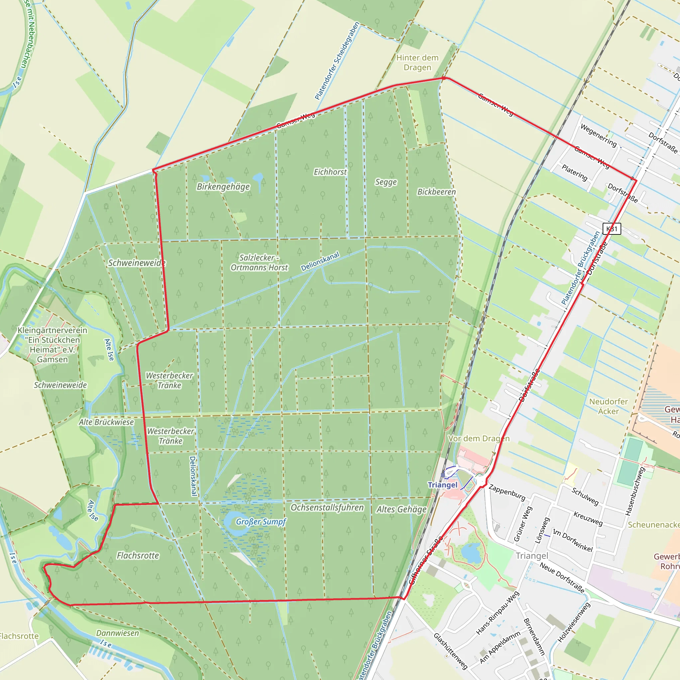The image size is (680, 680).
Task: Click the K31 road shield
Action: pos(612,229)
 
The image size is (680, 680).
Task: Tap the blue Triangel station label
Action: pos(442,485)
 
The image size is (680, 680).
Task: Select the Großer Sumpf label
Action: pos(261,522)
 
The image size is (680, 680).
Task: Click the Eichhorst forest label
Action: pos(330,172)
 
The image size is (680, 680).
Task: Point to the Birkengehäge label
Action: pos(223,187)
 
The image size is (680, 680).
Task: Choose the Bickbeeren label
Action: pos(436,192)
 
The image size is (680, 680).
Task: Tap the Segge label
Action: pos(386,182)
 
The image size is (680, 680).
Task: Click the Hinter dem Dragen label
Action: pos(417,63)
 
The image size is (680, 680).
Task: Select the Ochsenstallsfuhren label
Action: pos(327,508)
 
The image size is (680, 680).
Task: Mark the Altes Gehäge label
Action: pos(401,509)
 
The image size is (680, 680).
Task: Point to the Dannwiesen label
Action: pos(118,633)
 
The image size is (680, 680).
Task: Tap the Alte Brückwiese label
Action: pos(106,422)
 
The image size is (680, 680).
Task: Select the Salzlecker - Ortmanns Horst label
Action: pos(259,263)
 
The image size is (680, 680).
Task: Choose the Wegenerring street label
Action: pos(598,135)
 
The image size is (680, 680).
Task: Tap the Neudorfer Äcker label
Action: pos(609,406)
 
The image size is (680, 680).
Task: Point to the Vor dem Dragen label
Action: pos(479,439)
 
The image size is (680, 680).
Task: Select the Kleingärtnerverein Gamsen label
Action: pos(52,345)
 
